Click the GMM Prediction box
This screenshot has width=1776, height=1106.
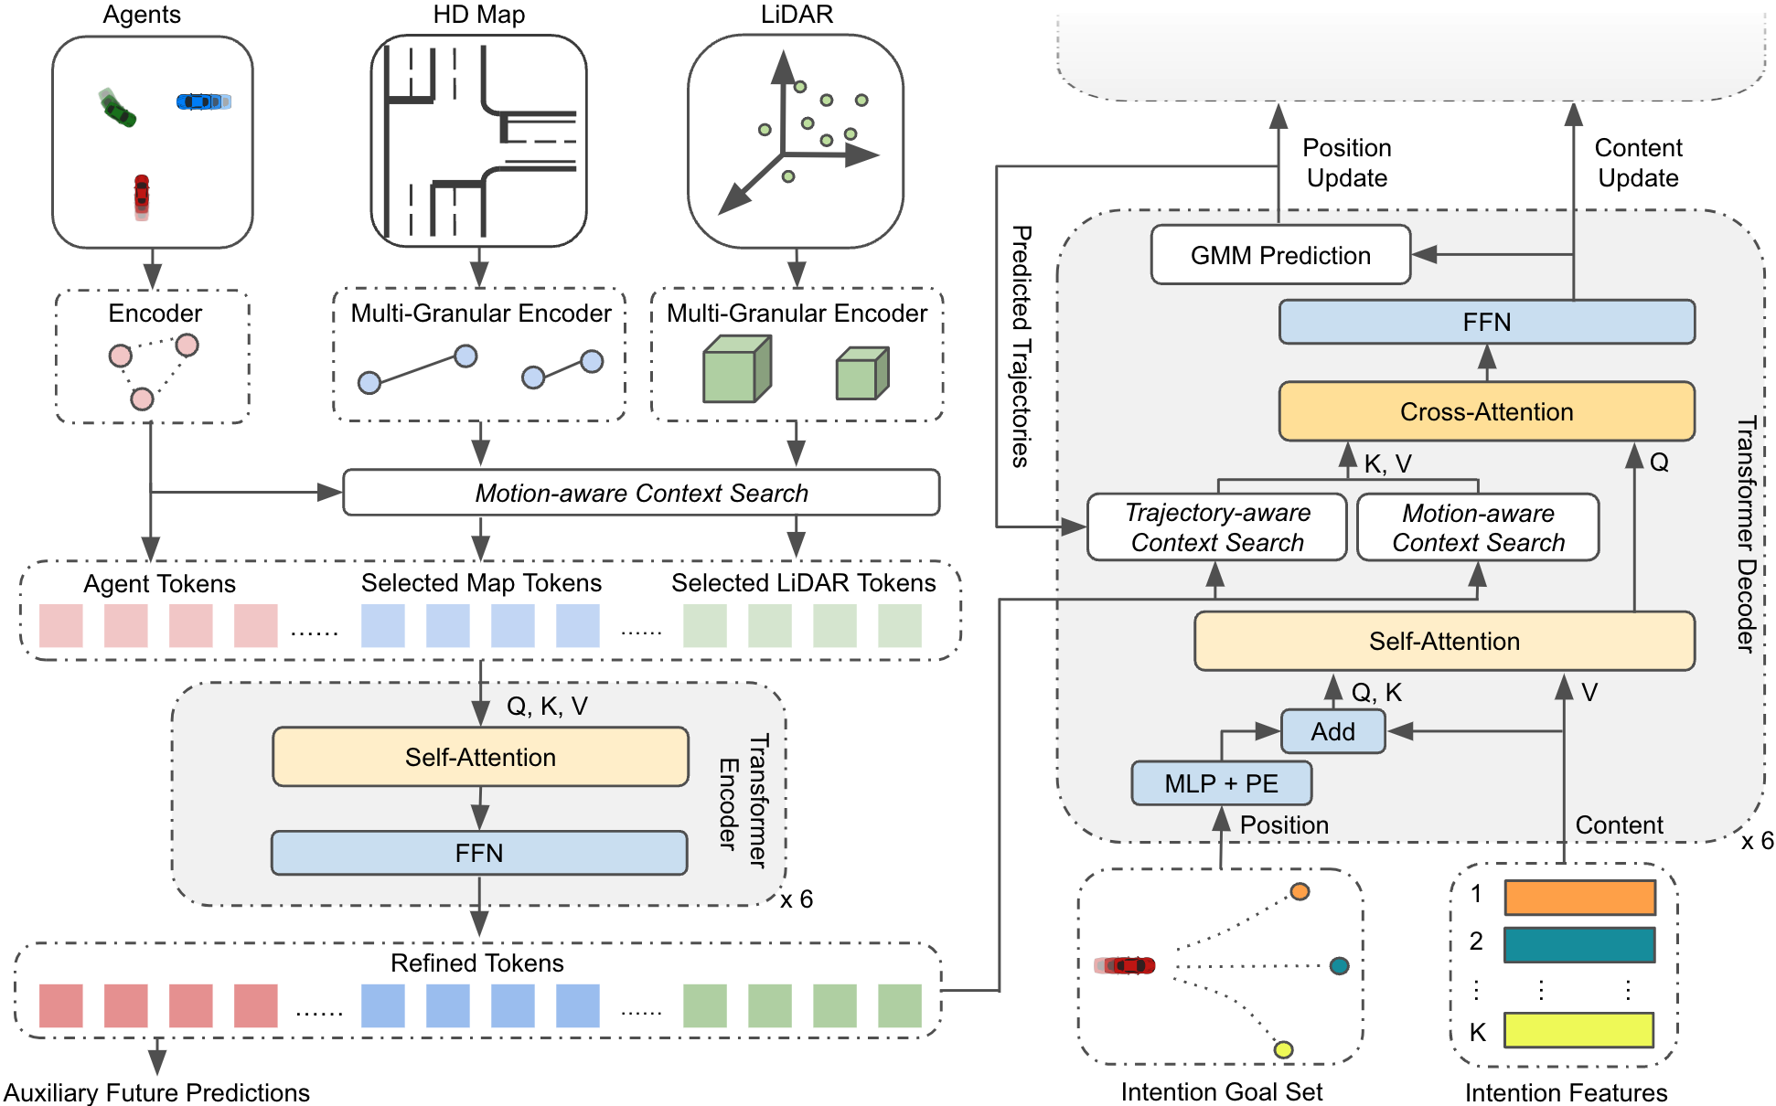click(1279, 255)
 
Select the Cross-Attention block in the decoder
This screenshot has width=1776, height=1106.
click(1486, 411)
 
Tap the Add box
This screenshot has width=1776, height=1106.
click(1332, 731)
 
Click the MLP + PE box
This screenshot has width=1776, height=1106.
click(1221, 783)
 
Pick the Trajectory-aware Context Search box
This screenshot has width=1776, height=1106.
click(1216, 527)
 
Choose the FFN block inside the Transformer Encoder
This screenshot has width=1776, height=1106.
click(478, 853)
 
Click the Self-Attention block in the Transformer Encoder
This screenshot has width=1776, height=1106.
click(480, 757)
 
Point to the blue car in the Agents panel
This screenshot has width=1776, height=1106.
click(202, 101)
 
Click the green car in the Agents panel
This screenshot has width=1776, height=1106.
click(118, 109)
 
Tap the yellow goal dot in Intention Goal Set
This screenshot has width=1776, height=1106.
click(1283, 1049)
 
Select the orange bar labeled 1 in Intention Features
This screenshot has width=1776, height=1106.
click(1579, 897)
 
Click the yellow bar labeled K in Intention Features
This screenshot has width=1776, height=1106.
click(1578, 1030)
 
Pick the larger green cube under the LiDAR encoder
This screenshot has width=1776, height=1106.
click(736, 369)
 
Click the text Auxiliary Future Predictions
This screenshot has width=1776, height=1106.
click(156, 1092)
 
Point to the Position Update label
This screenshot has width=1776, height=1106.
click(1346, 163)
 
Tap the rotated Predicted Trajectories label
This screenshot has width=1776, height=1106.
click(1022, 346)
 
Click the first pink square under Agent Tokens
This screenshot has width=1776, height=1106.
click(61, 626)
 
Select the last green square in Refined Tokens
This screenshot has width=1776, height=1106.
click(899, 1005)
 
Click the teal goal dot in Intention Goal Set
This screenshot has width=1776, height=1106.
click(1339, 966)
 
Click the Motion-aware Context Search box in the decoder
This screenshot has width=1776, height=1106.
click(1477, 527)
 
